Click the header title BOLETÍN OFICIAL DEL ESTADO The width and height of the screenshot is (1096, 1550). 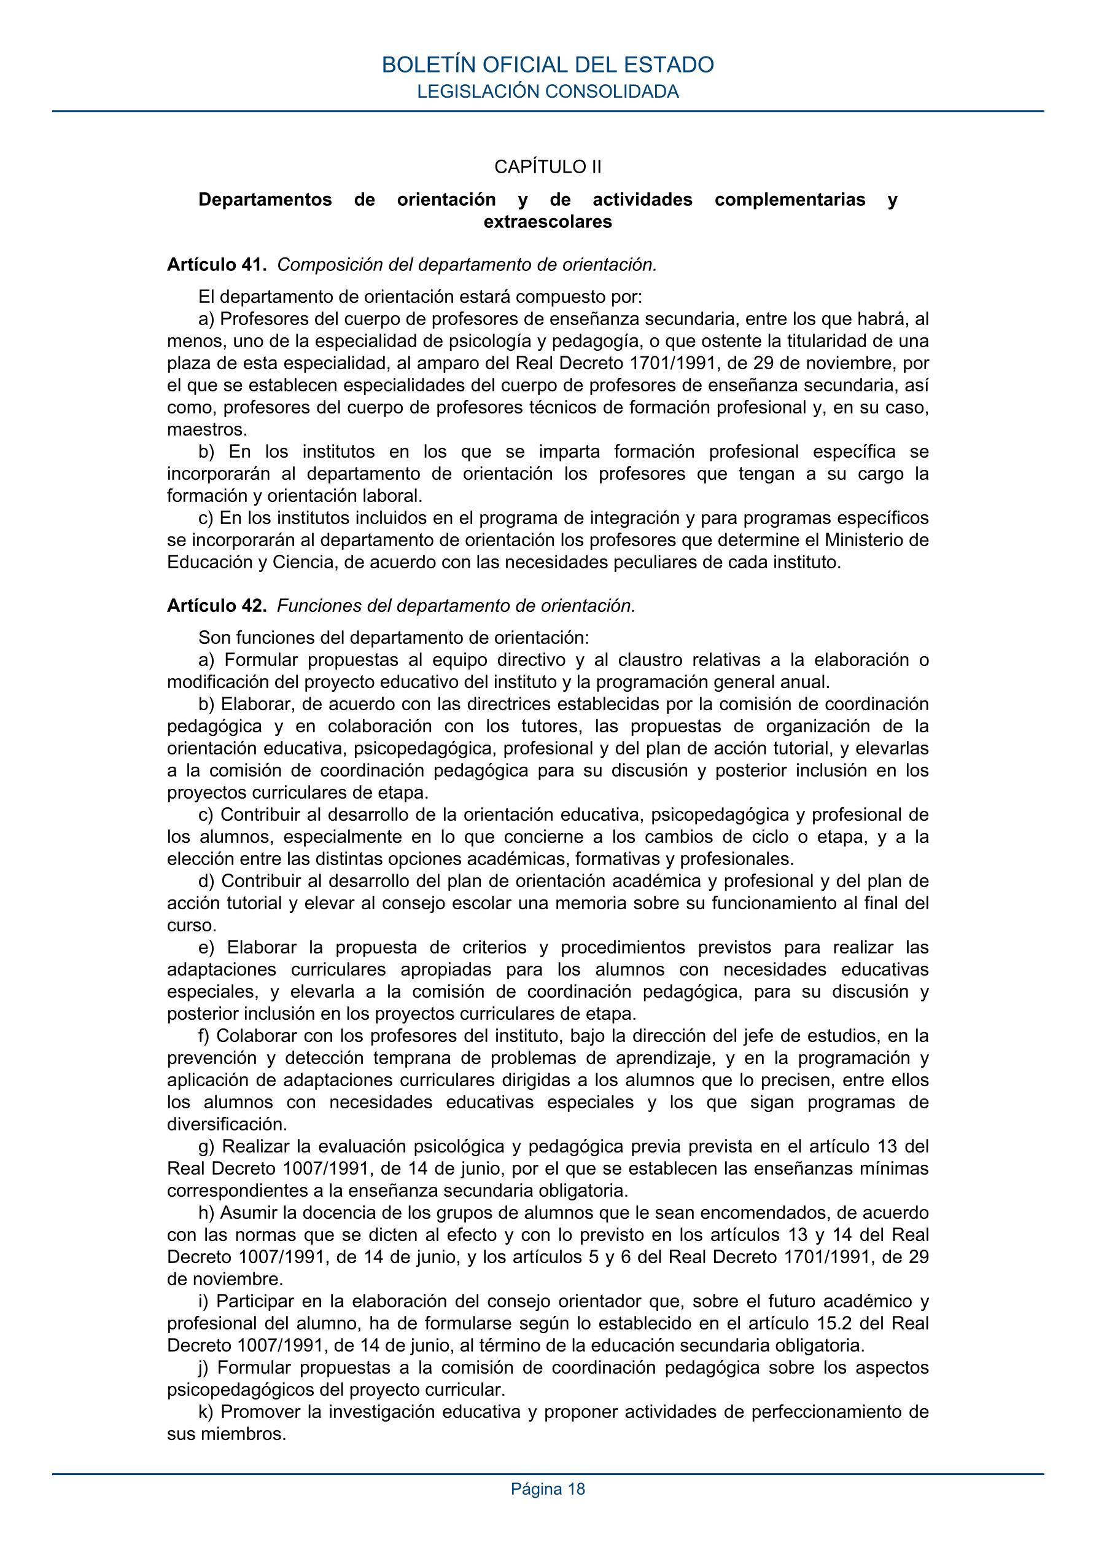(x=547, y=65)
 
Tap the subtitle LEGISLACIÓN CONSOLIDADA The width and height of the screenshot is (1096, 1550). (x=547, y=92)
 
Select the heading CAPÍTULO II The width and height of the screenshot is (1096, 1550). (x=547, y=166)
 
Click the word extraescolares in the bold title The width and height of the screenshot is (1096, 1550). (x=547, y=222)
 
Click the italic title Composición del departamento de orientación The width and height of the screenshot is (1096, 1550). (x=467, y=265)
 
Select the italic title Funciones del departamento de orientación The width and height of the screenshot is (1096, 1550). (x=456, y=606)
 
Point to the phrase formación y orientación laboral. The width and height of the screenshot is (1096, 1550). (x=294, y=496)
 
